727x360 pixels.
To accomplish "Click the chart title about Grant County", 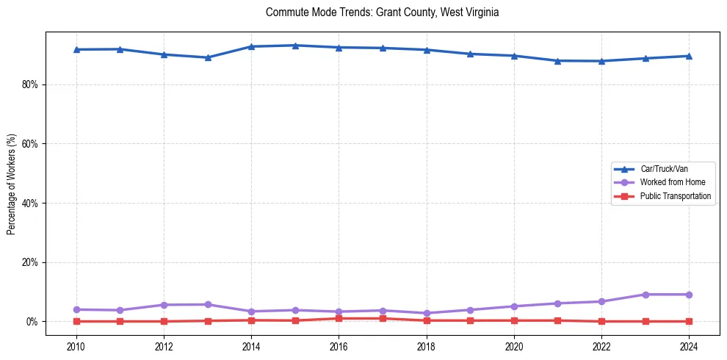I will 382,12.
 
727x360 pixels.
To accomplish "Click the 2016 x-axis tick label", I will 339,346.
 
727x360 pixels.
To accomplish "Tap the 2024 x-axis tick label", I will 688,346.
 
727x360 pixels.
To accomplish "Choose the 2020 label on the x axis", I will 513,346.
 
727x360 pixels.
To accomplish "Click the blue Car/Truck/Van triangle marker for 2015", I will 295,46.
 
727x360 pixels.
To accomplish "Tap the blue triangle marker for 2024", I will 688,56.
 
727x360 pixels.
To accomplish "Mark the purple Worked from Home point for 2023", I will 645,295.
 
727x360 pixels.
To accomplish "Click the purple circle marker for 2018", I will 426,313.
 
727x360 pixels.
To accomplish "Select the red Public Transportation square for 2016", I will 339,318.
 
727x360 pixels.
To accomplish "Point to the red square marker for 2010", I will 76,321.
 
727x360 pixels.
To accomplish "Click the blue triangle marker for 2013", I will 208,57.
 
